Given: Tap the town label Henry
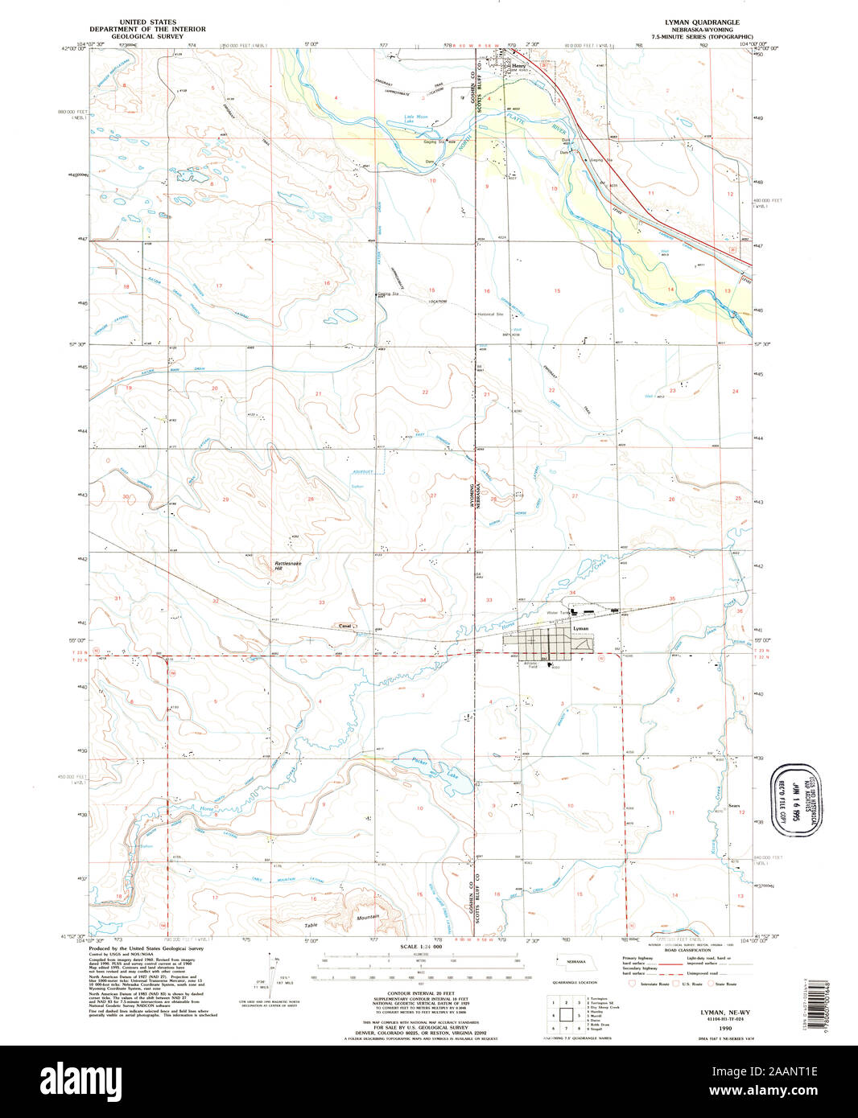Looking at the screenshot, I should tap(518, 67).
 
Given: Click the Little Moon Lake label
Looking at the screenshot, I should tap(416, 119).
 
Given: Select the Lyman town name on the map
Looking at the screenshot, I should tap(580, 628).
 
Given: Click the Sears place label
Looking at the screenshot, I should tap(733, 805).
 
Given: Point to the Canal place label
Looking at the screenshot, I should tap(344, 626).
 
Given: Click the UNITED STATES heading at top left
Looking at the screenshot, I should tap(147, 23).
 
